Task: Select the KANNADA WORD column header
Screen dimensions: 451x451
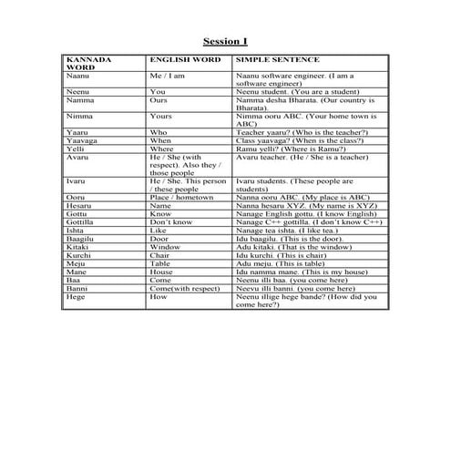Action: coord(88,64)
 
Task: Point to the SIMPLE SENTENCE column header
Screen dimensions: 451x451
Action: coord(273,59)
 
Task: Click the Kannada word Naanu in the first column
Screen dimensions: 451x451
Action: coord(77,76)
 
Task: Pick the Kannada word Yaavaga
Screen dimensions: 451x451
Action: coord(81,140)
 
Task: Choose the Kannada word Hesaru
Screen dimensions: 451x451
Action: coord(79,205)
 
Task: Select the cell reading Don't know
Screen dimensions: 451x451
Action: coord(170,221)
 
